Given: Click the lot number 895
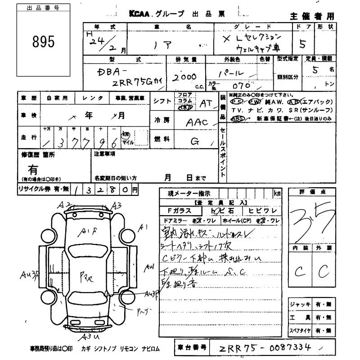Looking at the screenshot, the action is click(x=44, y=42).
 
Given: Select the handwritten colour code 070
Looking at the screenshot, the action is click(x=242, y=85).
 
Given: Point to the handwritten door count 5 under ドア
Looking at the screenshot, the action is click(x=302, y=44).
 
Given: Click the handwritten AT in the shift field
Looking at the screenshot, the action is click(x=206, y=103).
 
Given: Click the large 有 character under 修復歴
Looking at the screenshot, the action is click(x=33, y=170).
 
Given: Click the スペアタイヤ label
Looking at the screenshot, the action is click(x=300, y=331).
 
